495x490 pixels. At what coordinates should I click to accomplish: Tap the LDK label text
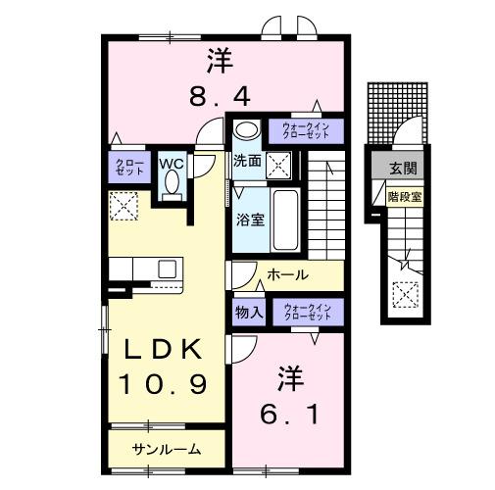coord(164,349)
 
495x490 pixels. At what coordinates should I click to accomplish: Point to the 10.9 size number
coord(164,383)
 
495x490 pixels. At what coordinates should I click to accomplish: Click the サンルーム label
coord(167,450)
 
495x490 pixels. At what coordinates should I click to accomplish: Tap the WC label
coord(173,163)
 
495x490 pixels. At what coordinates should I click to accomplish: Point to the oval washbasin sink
coord(247,129)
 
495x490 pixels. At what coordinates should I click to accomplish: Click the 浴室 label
coord(249,220)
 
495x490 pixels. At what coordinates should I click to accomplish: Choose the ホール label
coord(286,275)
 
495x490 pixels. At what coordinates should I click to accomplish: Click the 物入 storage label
coord(247,313)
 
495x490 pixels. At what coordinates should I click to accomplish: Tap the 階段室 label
coord(404,195)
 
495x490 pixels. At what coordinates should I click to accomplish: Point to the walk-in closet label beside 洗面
coord(312,129)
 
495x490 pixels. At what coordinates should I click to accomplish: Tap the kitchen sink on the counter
coord(166,268)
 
